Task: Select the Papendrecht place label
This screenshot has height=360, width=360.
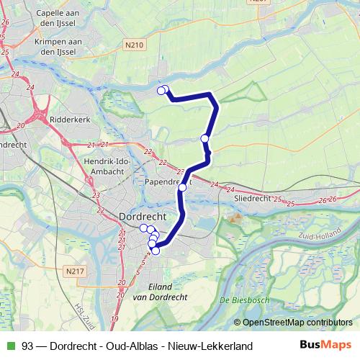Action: pos(167,183)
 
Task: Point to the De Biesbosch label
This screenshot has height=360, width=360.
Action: pos(244,300)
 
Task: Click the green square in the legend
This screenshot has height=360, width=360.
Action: pos(9,346)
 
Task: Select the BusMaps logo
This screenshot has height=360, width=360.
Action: pos(326,346)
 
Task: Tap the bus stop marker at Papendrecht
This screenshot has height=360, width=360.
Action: pos(182,187)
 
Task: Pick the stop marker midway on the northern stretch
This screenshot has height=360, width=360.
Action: pos(205,138)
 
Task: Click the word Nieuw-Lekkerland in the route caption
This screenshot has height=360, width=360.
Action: pos(216,346)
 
